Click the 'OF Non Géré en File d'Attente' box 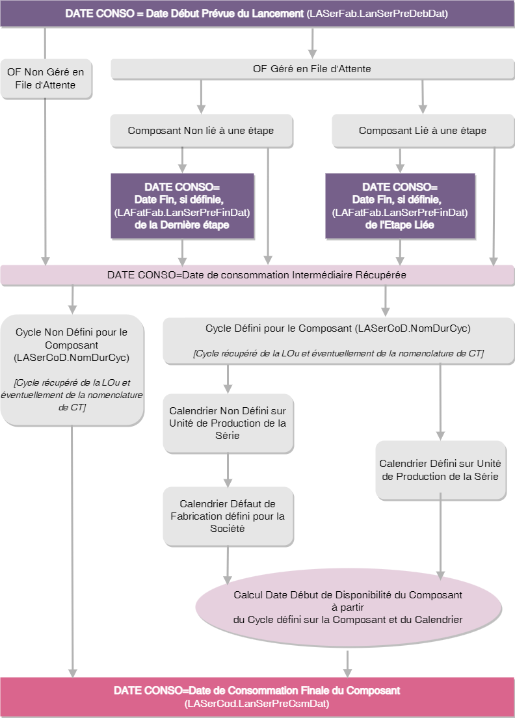(x=46, y=78)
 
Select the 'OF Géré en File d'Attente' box (x=311, y=68)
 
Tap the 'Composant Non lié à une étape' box (x=200, y=131)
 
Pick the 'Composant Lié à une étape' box (x=422, y=131)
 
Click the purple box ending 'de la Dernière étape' (x=182, y=206)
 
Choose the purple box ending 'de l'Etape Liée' (x=400, y=206)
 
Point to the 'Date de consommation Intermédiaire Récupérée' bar (x=257, y=274)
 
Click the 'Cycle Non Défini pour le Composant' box (x=72, y=369)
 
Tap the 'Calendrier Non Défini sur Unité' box (x=228, y=423)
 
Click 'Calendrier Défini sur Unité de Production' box (x=440, y=470)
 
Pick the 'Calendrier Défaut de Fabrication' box (x=228, y=516)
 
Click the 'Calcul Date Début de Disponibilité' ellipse (x=348, y=607)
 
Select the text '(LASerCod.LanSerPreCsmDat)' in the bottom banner (x=257, y=704)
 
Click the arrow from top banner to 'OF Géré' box (x=313, y=43)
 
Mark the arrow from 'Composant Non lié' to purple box (x=183, y=159)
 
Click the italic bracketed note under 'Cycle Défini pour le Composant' (x=337, y=353)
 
